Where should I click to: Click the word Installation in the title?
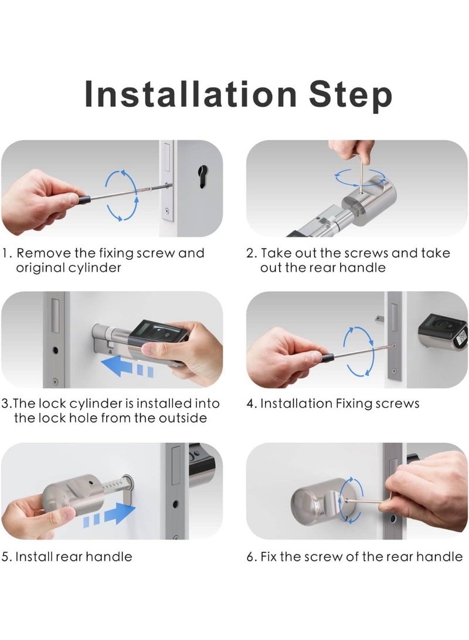pyautogui.click(x=191, y=94)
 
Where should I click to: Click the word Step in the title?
pyautogui.click(x=351, y=96)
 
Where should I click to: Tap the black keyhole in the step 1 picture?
pyautogui.click(x=202, y=177)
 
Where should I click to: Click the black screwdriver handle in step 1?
pyautogui.click(x=84, y=199)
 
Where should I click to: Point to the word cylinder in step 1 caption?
pyautogui.click(x=95, y=267)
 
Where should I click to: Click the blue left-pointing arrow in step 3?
pyautogui.click(x=127, y=365)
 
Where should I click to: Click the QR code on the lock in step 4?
pyautogui.click(x=462, y=337)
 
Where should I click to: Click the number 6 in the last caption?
pyautogui.click(x=250, y=557)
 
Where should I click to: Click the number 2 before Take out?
pyautogui.click(x=250, y=253)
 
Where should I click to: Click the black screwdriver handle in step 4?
pyautogui.click(x=328, y=358)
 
